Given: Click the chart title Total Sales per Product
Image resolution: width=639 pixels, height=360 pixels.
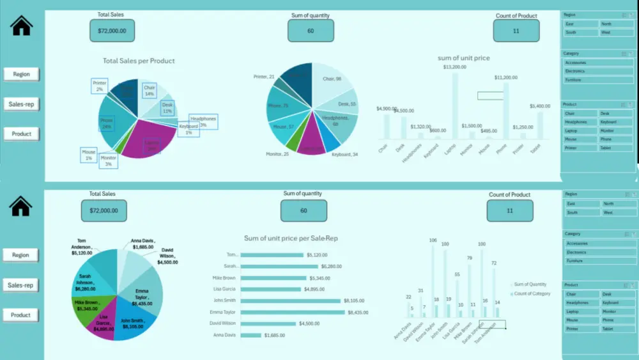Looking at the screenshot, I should (139, 61).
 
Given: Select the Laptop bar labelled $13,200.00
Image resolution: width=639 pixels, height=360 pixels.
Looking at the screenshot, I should (455, 106).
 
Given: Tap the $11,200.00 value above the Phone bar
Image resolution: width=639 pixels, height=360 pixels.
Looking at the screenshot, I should (505, 77).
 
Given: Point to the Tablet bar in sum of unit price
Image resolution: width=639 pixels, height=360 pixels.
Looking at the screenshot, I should (540, 125).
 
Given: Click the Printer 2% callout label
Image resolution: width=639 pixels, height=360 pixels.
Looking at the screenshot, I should (100, 86).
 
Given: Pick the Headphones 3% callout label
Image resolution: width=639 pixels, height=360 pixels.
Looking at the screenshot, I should (203, 121).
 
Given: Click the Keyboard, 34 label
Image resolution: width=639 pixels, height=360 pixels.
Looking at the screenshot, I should (345, 155).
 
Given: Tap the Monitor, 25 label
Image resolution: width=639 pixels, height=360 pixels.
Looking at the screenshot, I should (278, 154).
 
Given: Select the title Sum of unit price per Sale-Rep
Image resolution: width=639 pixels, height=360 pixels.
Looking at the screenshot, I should (291, 239).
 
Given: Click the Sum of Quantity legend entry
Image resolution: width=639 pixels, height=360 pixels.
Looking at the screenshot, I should (530, 284).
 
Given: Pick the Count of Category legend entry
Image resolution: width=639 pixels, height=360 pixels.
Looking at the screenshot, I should (532, 293).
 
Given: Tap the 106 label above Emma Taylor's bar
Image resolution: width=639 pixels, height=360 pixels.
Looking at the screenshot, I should (433, 240).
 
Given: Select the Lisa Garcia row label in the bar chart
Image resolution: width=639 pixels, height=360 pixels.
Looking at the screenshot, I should (225, 289).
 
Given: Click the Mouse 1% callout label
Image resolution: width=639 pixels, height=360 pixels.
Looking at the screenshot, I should (88, 154).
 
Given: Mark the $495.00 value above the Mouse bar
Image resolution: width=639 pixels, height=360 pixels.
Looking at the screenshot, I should (488, 130).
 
